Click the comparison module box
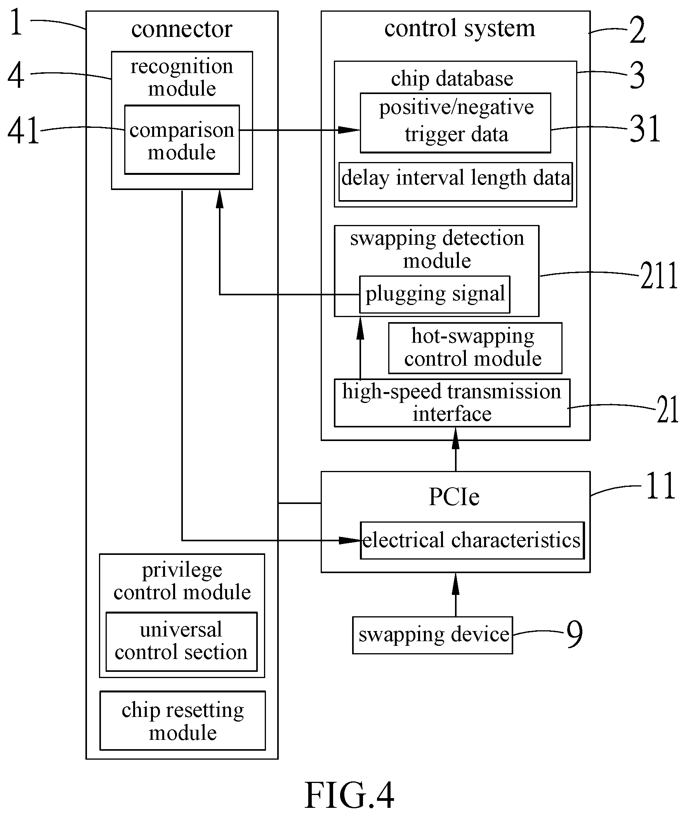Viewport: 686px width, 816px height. coord(182,140)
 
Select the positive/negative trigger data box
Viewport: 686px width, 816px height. coord(455,123)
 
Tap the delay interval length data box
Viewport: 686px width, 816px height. coord(455,182)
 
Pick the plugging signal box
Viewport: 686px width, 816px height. coord(434,295)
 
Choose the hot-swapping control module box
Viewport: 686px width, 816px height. coord(475,348)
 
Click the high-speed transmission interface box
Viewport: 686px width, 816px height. coord(452,403)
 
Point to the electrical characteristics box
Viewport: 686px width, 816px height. coord(472,541)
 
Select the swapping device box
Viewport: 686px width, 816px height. coord(432,635)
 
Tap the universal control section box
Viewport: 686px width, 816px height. coord(182,642)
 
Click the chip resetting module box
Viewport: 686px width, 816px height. coord(183,721)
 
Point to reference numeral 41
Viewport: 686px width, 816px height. coord(23,130)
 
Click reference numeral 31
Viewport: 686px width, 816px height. coord(645,129)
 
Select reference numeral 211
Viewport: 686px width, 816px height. coord(658,275)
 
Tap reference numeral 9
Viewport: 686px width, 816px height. coord(575,633)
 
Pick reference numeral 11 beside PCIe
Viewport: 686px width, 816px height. coord(660,485)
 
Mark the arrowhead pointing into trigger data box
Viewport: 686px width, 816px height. coord(349,129)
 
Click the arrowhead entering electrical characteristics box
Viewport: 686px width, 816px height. coord(349,541)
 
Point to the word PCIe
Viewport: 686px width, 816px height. coord(454,497)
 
